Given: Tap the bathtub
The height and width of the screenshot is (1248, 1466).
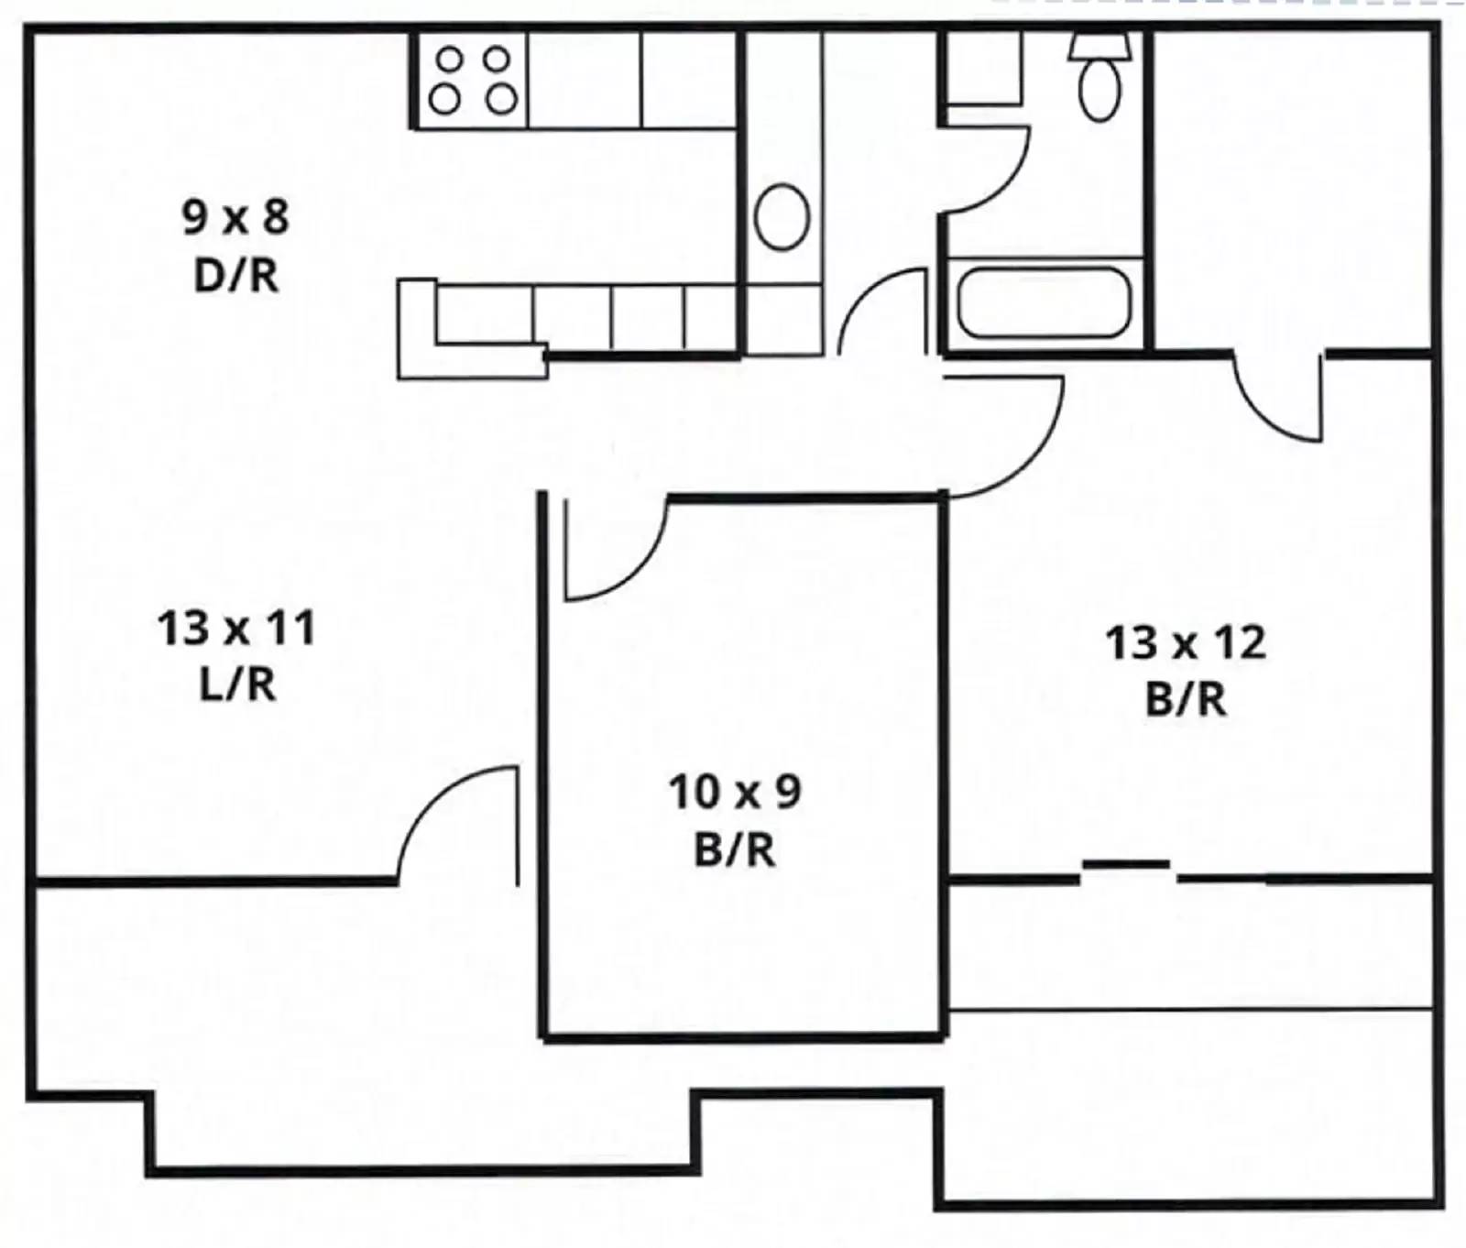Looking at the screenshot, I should click(x=1044, y=301).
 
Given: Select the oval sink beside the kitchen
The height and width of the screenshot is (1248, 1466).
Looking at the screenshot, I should click(x=782, y=216).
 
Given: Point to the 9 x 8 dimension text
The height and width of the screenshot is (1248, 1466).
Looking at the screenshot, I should click(x=236, y=217).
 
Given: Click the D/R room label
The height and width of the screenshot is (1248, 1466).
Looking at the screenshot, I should click(x=236, y=275).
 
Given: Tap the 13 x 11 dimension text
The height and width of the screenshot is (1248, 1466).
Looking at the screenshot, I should click(x=236, y=629).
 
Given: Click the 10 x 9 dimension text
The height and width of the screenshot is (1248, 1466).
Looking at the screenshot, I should click(x=735, y=792).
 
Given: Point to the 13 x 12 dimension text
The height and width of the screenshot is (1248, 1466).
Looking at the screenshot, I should click(x=1186, y=642).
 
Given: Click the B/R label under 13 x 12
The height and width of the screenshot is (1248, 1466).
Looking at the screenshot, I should click(x=1186, y=700).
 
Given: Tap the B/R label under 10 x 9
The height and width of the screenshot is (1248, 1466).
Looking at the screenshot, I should click(x=735, y=849).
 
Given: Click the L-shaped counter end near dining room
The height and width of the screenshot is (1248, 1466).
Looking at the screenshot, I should click(x=417, y=330).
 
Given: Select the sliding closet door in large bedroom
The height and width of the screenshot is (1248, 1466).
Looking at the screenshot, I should click(x=1126, y=864).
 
